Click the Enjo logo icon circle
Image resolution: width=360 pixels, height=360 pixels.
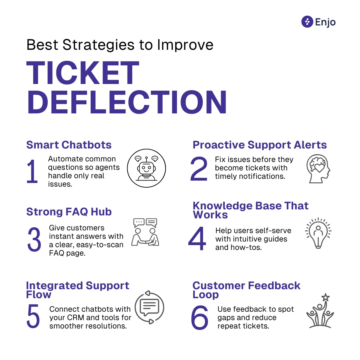pyautogui.click(x=307, y=22)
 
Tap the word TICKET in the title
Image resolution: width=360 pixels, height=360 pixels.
pyautogui.click(x=83, y=73)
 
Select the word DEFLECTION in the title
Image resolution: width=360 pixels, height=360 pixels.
pyautogui.click(x=127, y=102)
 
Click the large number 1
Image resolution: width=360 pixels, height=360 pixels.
pyautogui.click(x=32, y=171)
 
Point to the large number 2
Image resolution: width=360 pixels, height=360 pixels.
pyautogui.click(x=199, y=169)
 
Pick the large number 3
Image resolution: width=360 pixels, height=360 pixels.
pyautogui.click(x=34, y=239)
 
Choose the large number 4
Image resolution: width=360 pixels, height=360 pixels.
pyautogui.click(x=197, y=238)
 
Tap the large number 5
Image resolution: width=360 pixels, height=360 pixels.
pyautogui.click(x=33, y=316)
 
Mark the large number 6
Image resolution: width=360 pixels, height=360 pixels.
pyautogui.click(x=199, y=317)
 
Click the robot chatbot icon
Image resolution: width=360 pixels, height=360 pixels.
pyautogui.click(x=146, y=168)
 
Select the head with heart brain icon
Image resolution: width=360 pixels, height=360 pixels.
pyautogui.click(x=318, y=169)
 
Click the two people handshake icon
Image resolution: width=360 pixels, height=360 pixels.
pyautogui.click(x=145, y=232)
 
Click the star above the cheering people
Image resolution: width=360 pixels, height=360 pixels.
pyautogui.click(x=325, y=298)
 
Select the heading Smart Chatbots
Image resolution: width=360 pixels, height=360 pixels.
pyautogui.click(x=69, y=145)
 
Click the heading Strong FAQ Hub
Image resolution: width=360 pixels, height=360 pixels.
pyautogui.click(x=69, y=212)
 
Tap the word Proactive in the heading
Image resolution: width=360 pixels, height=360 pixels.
pyautogui.click(x=219, y=145)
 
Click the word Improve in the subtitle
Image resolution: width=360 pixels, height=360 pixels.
pyautogui.click(x=185, y=45)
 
